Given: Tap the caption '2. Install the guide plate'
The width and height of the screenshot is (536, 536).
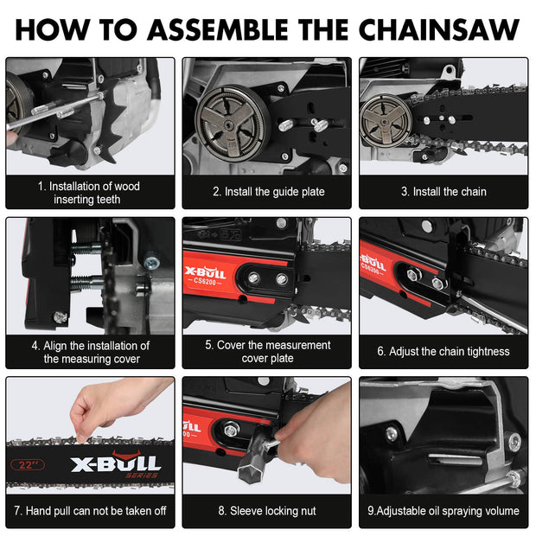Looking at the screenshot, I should pos(268,192).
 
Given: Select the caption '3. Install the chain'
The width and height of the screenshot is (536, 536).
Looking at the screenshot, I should pos(443,192).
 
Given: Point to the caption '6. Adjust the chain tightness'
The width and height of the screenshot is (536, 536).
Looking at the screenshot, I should pos(443,352).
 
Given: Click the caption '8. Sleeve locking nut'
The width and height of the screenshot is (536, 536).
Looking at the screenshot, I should pos(268,511).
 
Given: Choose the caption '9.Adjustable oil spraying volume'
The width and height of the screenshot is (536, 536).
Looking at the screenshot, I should pos(443,511).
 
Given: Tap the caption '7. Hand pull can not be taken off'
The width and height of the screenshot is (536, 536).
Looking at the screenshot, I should pos(91,511).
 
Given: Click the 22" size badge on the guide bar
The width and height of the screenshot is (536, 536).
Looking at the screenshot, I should pos(30,464).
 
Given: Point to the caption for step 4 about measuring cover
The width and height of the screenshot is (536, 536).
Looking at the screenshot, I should pos(91,352).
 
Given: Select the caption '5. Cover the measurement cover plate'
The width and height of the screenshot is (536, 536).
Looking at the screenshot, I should pos(268,352).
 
